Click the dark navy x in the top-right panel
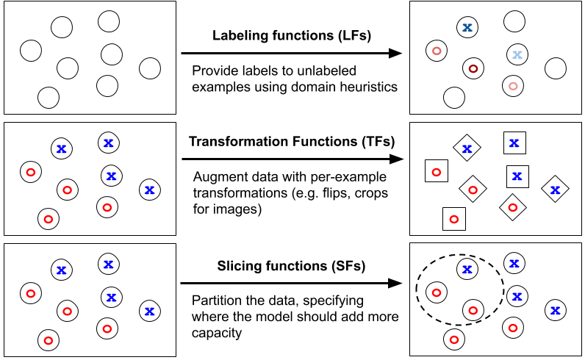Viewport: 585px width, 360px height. [x=467, y=27]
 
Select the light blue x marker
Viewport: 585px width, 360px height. [x=517, y=54]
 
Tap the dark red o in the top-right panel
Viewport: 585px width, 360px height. [x=473, y=69]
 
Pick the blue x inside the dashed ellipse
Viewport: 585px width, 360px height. [x=467, y=269]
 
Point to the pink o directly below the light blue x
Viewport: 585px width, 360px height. [x=513, y=86]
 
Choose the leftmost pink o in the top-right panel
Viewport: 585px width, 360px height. [x=437, y=51]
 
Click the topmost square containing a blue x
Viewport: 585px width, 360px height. [x=514, y=143]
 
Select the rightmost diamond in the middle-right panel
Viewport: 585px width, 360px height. [x=555, y=189]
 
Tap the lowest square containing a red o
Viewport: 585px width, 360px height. [x=454, y=219]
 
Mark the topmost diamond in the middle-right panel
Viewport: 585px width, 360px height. [x=467, y=148]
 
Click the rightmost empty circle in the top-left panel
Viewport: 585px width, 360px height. [x=150, y=68]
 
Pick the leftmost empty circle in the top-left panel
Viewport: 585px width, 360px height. [x=31, y=51]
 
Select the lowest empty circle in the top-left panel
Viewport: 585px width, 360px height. [x=49, y=97]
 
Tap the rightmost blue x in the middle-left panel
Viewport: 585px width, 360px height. [x=149, y=190]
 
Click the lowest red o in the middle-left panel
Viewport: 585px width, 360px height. [x=49, y=219]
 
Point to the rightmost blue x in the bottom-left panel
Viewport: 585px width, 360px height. [x=149, y=311]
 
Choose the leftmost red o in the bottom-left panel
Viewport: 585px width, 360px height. [x=31, y=293]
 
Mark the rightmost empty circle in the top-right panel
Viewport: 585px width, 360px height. [x=556, y=68]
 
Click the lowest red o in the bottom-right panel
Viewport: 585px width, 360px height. [x=454, y=339]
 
